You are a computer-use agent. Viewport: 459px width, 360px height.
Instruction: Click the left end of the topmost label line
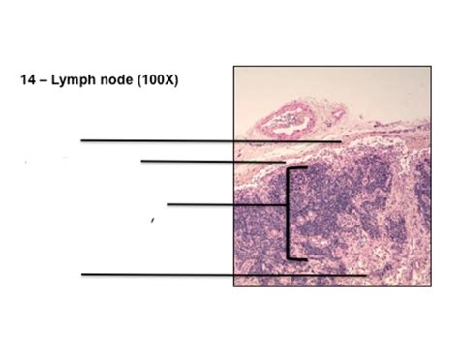click(81, 140)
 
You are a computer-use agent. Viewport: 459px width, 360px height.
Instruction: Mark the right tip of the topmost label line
click(340, 140)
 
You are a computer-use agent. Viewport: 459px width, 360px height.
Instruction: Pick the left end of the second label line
click(141, 161)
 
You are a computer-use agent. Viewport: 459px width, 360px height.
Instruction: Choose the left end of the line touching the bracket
click(168, 204)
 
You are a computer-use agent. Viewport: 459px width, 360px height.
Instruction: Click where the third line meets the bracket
click(289, 204)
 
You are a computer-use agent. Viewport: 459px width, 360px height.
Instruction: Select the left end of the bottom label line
click(81, 274)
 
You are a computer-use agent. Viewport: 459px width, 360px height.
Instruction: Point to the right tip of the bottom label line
click(365, 274)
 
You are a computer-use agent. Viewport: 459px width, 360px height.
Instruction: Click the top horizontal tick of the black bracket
click(298, 168)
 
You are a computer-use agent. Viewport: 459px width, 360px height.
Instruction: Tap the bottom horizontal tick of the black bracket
click(298, 259)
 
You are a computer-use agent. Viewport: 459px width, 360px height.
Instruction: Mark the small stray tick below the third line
click(153, 221)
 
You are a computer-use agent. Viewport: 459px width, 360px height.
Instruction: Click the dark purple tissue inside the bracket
click(329, 208)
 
